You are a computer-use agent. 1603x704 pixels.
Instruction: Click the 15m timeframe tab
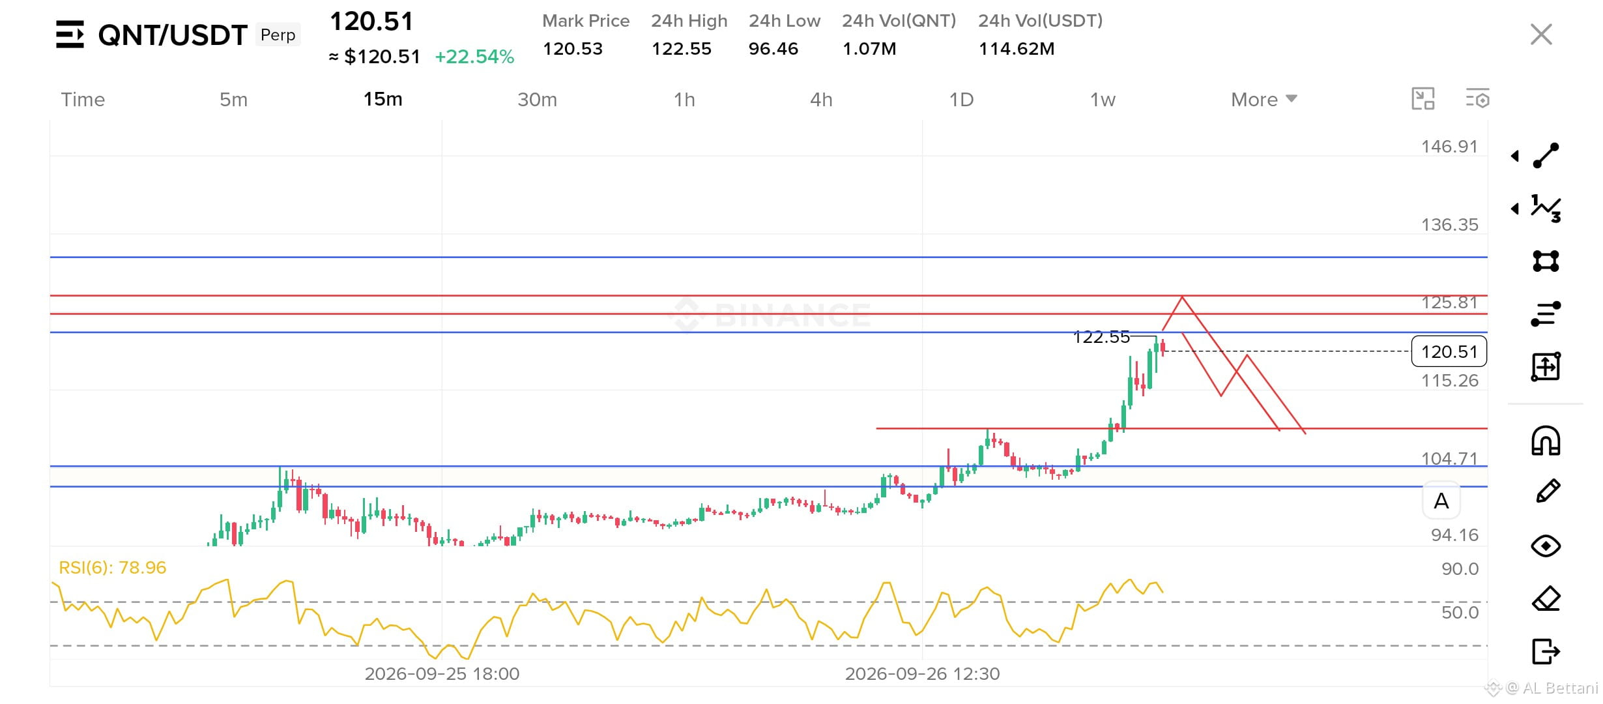pyautogui.click(x=383, y=99)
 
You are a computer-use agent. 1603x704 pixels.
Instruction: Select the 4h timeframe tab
pyautogui.click(x=821, y=100)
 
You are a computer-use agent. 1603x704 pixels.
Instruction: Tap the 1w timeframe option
pyautogui.click(x=1103, y=100)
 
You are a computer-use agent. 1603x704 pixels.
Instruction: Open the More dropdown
pyautogui.click(x=1264, y=100)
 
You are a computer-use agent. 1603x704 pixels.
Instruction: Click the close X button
pyautogui.click(x=1541, y=34)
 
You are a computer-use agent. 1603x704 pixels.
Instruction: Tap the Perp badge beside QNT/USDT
pyautogui.click(x=278, y=35)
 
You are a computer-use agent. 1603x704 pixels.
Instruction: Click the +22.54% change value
pyautogui.click(x=474, y=57)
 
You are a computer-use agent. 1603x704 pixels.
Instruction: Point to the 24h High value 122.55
pyautogui.click(x=682, y=49)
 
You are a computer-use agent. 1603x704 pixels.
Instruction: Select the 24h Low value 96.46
pyautogui.click(x=773, y=49)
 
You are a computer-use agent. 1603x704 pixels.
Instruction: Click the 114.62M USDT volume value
pyautogui.click(x=1017, y=49)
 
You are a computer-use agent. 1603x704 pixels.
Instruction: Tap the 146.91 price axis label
pyautogui.click(x=1449, y=146)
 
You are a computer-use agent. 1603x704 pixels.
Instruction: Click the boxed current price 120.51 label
pyautogui.click(x=1449, y=351)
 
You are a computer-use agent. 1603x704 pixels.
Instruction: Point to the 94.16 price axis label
pyautogui.click(x=1454, y=535)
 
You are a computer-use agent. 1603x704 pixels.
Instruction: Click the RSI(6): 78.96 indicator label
pyautogui.click(x=113, y=567)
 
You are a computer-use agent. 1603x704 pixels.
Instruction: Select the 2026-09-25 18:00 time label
pyautogui.click(x=442, y=673)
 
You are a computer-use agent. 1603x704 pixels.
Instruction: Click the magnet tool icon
pyautogui.click(x=1546, y=440)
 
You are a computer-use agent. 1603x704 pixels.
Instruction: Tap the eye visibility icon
pyautogui.click(x=1546, y=546)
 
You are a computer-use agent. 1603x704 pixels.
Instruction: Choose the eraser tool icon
pyautogui.click(x=1546, y=598)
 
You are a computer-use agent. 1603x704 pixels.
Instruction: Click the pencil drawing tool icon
pyautogui.click(x=1548, y=491)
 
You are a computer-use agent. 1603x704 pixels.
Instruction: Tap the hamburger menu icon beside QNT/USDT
pyautogui.click(x=70, y=35)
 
